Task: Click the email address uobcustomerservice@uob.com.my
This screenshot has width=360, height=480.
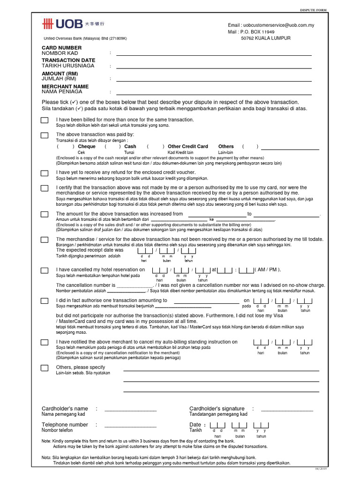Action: coord(271,25)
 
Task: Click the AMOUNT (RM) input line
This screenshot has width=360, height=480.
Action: coord(214,80)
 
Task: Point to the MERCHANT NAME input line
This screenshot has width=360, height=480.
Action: coord(214,93)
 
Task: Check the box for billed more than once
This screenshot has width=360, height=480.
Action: coord(45,121)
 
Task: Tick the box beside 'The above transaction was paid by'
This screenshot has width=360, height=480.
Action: coord(45,136)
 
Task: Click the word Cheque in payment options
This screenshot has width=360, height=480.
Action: coord(87,147)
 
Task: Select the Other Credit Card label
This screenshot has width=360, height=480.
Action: coord(187,147)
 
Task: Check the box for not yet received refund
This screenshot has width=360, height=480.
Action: coord(45,173)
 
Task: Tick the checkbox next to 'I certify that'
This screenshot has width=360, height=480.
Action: coord(45,188)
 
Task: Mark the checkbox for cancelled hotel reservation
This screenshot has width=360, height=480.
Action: coord(45,270)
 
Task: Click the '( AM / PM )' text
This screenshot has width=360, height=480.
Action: coord(268,270)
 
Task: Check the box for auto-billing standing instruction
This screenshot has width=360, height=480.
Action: coord(45,343)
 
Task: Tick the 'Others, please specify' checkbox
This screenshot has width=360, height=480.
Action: coord(45,368)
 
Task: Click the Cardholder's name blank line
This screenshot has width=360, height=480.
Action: coord(130,410)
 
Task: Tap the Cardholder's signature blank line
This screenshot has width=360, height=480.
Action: coord(286,410)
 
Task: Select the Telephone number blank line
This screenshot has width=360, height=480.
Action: coord(130,427)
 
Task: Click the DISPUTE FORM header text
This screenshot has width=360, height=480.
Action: coord(313,10)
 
